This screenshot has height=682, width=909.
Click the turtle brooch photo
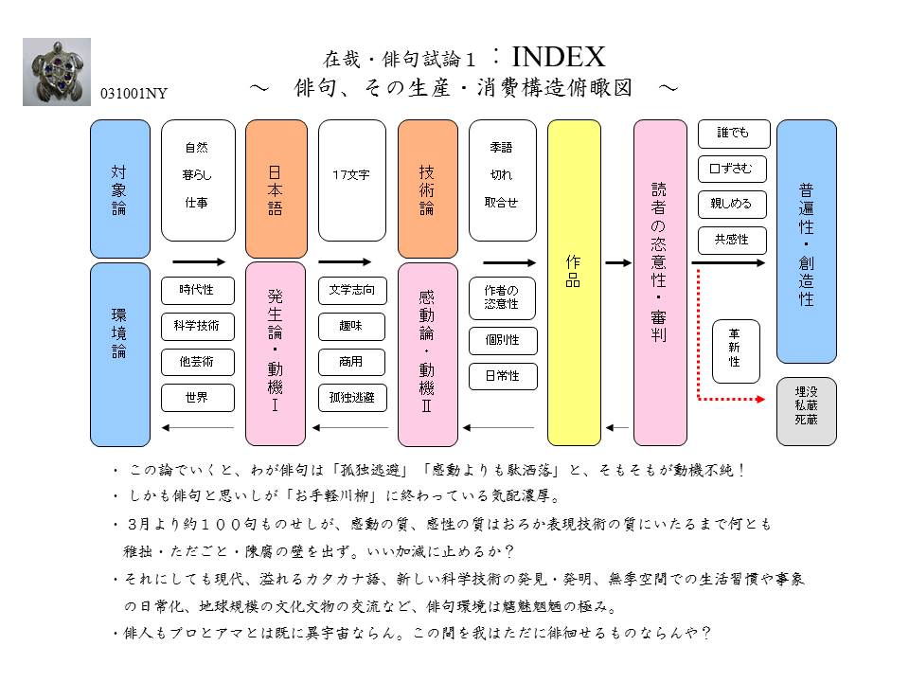click(x=57, y=72)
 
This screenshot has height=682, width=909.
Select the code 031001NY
click(x=138, y=95)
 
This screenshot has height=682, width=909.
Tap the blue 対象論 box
click(x=119, y=188)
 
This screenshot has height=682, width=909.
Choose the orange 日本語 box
click(x=276, y=188)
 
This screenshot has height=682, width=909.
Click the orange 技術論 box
click(x=427, y=188)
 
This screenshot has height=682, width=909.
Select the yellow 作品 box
click(x=574, y=282)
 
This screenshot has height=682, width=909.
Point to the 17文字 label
click(x=351, y=175)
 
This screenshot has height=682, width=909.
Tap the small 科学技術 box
click(x=197, y=326)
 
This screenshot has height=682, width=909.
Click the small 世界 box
click(x=197, y=398)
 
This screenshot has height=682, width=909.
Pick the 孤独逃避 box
click(x=351, y=398)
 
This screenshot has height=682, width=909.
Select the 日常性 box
click(x=502, y=376)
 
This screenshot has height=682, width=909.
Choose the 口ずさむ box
click(x=730, y=168)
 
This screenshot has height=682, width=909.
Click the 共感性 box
click(x=730, y=240)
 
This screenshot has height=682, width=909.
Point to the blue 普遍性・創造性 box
click(x=807, y=242)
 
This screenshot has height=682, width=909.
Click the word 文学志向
click(x=351, y=290)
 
